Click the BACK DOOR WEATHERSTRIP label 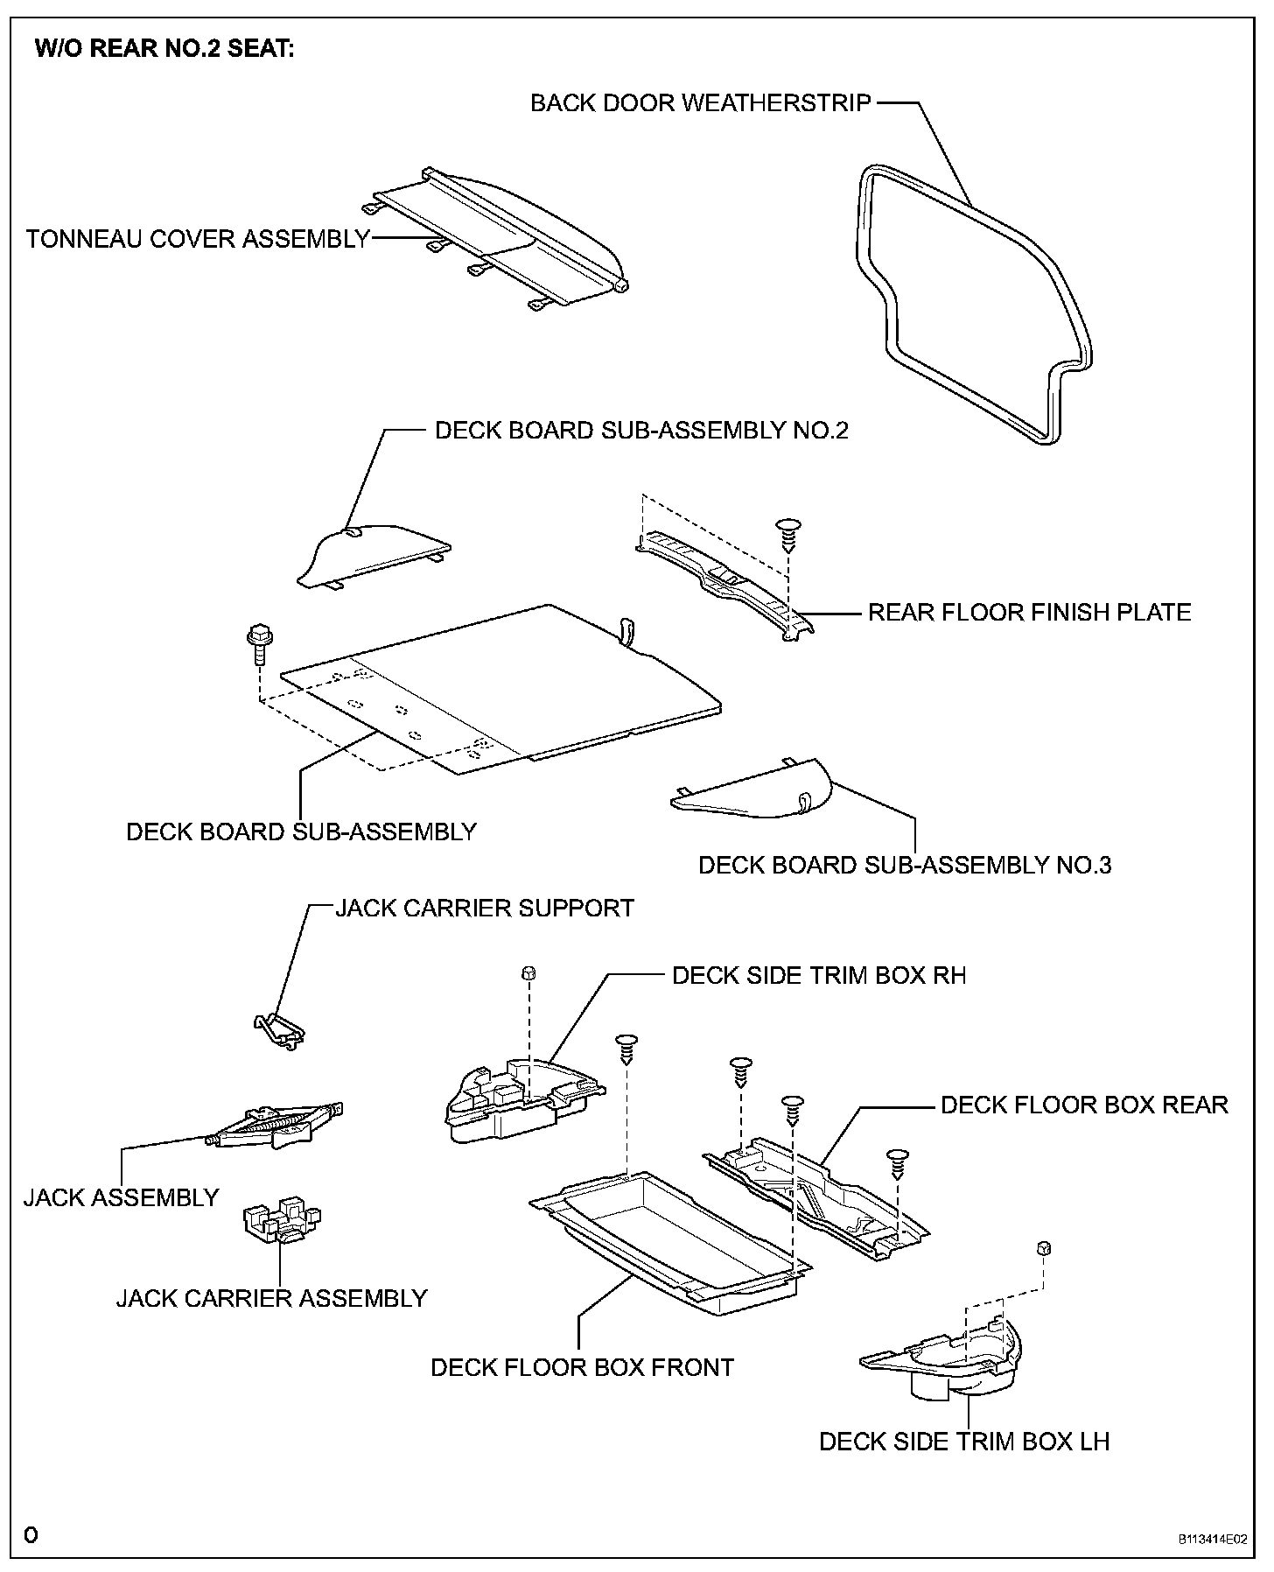700,103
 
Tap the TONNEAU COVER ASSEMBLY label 198,239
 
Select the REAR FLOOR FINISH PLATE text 1029,612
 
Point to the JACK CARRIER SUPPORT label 485,908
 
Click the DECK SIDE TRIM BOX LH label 964,1442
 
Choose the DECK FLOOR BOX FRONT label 582,1367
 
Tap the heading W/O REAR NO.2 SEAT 164,49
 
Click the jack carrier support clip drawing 278,1030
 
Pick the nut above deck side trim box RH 528,973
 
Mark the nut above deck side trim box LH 1042,1248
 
